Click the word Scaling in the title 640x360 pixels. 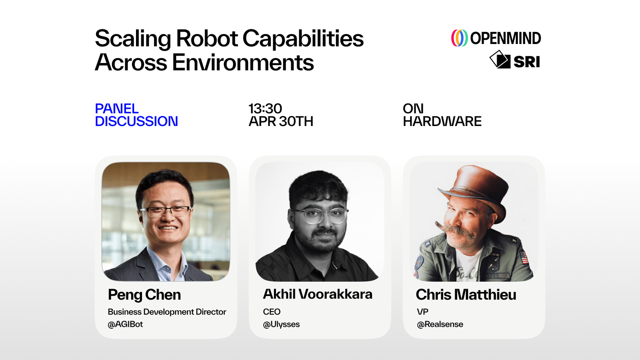pos(133,39)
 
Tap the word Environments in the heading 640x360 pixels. pos(243,62)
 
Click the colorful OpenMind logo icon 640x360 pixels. pos(460,38)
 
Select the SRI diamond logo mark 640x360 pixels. pos(500,60)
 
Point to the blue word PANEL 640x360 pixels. pos(116,108)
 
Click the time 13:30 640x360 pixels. pos(265,108)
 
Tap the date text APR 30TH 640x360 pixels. pos(281,122)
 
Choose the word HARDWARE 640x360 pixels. pos(442,122)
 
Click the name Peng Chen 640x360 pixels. pos(144,294)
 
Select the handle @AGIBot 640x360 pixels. pos(125,324)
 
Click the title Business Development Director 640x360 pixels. pos(167,312)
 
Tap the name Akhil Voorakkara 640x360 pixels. pos(318,294)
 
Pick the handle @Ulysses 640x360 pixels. pos(281,324)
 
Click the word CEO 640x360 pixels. pos(272,312)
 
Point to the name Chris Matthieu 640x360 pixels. pos(466,294)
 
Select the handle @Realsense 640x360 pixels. pos(440,324)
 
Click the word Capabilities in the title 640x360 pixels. pos(303,39)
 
